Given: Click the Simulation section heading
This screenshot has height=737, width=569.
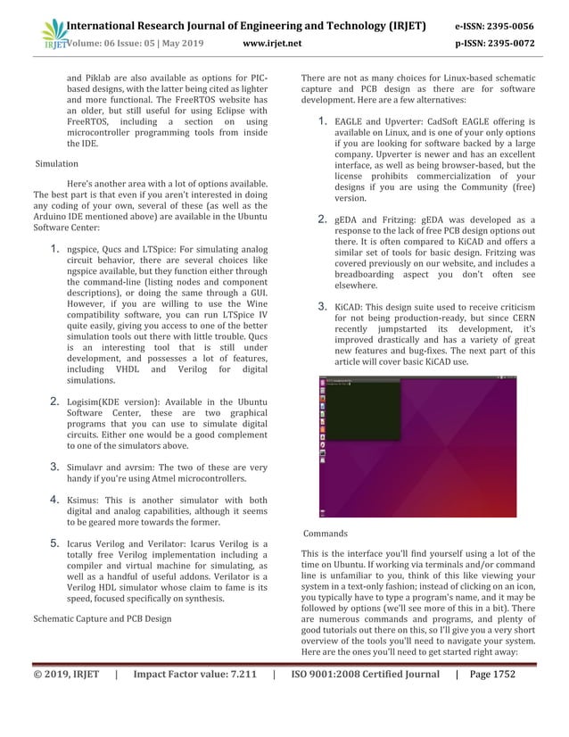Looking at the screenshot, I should coord(56,164).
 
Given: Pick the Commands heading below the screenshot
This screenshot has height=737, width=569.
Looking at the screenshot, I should coord(326,534).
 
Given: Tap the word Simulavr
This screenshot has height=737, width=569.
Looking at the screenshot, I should coord(88,466).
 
